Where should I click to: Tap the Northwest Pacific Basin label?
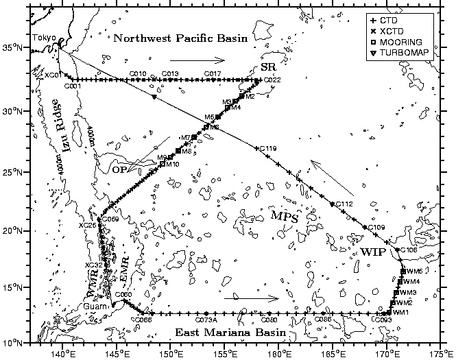[180, 38]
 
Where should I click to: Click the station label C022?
[272, 80]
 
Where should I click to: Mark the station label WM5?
[413, 272]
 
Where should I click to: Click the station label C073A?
[206, 320]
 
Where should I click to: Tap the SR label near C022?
[268, 67]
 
